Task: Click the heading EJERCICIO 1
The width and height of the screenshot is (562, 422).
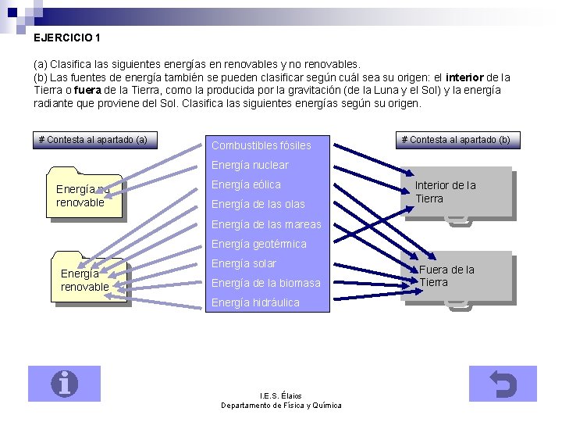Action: click(x=67, y=37)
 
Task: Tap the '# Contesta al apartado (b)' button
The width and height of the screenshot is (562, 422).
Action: click(x=456, y=140)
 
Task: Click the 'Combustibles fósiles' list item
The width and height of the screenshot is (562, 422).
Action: click(x=261, y=145)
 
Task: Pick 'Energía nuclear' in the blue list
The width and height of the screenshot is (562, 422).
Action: click(x=250, y=165)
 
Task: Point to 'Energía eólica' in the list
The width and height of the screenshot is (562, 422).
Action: click(x=246, y=184)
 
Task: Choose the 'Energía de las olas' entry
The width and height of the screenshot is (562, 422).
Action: click(x=258, y=205)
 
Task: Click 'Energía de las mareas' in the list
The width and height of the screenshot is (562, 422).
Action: click(x=266, y=224)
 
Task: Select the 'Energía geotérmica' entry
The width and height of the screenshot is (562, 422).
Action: click(x=259, y=244)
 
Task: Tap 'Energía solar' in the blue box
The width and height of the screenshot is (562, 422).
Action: click(x=244, y=263)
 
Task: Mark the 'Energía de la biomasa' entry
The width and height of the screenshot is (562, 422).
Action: click(x=266, y=283)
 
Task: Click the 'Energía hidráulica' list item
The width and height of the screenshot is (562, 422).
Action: click(x=255, y=302)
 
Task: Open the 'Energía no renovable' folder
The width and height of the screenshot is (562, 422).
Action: click(x=84, y=195)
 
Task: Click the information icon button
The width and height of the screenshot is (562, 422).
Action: click(x=64, y=384)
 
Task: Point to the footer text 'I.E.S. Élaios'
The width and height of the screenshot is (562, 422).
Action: click(x=280, y=395)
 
